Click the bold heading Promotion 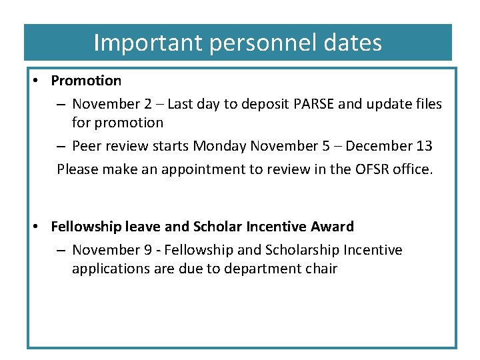(x=86, y=81)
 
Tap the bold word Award (x=332, y=227)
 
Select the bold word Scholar (x=218, y=227)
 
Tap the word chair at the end (x=321, y=269)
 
